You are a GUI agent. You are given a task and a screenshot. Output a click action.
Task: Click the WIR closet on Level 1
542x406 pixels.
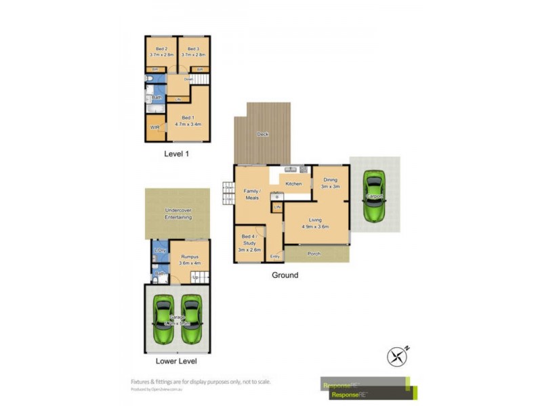click(x=155, y=127)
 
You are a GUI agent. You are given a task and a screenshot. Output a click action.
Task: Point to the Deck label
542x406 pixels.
click(x=262, y=134)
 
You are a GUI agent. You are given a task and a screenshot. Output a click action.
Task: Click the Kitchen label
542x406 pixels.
click(x=293, y=183)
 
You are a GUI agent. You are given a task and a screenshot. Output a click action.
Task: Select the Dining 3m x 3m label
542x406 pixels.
click(x=330, y=183)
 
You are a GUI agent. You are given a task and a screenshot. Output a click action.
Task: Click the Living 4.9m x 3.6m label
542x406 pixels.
click(x=315, y=223)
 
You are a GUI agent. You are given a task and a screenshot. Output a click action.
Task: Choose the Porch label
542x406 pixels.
click(x=314, y=254)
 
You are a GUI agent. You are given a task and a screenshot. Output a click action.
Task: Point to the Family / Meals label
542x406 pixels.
click(x=251, y=194)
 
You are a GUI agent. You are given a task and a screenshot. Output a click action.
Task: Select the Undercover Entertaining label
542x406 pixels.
click(x=178, y=214)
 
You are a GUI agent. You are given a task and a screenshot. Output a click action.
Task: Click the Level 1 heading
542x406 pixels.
click(x=177, y=154)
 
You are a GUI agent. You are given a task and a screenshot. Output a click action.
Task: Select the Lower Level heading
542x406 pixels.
click(x=175, y=361)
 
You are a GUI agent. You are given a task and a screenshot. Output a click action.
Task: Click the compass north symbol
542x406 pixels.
click(x=398, y=355)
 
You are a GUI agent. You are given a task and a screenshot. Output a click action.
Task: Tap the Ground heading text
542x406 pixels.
click(x=285, y=275)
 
